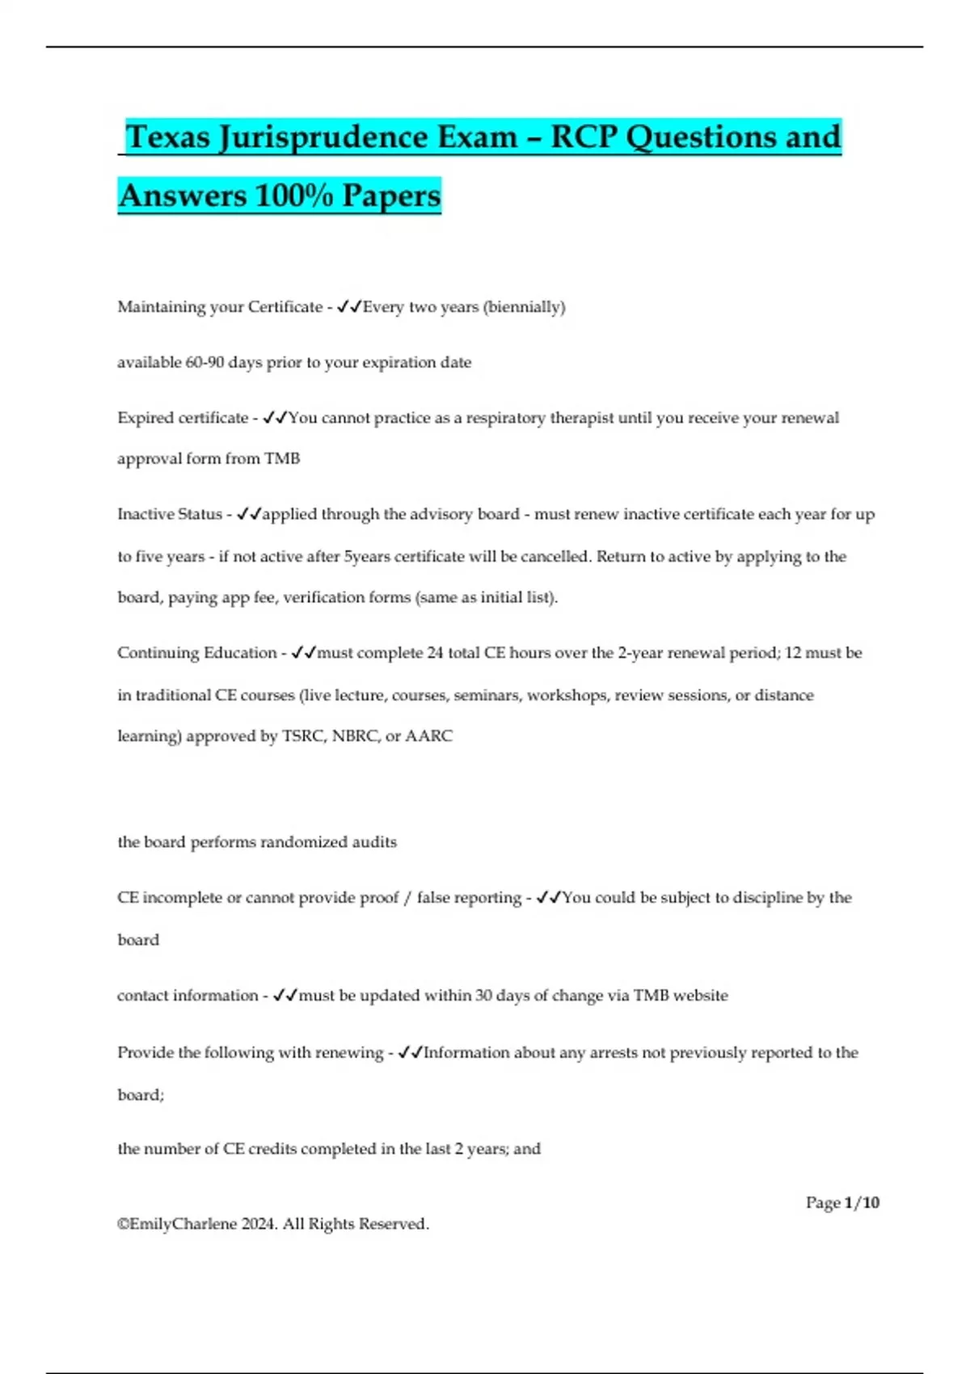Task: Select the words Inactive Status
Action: coord(170,515)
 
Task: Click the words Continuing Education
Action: coord(196,653)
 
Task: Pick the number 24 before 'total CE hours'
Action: coord(435,653)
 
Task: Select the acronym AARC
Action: coord(428,736)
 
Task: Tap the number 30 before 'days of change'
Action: coord(483,996)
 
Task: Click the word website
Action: coord(700,996)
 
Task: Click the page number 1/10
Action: coord(861,1203)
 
